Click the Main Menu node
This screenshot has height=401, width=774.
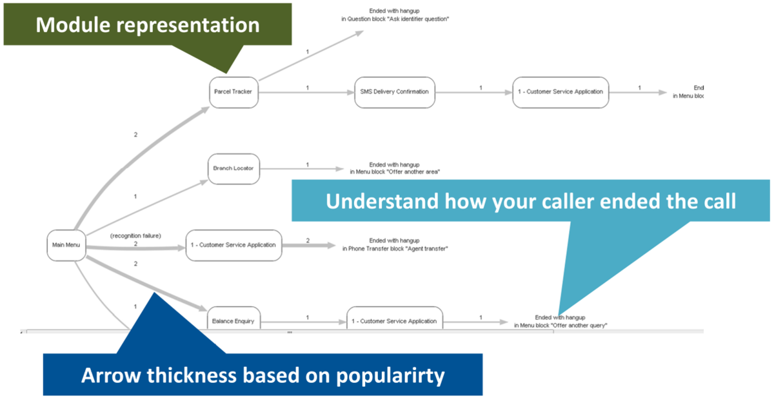coord(66,245)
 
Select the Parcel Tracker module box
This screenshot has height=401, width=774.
coord(233,92)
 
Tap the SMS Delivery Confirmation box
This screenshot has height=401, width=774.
coord(395,92)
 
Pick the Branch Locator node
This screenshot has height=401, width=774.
coord(233,169)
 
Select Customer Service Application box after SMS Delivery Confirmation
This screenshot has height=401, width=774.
coord(561,92)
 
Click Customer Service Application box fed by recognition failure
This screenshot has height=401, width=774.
coord(233,245)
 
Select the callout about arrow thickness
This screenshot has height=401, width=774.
coord(263,375)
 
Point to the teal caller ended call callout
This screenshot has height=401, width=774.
coord(530,201)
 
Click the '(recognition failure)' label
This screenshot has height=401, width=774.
coord(135,236)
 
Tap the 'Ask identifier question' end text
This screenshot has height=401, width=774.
coord(395,19)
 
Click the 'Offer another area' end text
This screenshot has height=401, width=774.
coord(395,172)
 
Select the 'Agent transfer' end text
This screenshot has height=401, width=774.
coord(395,248)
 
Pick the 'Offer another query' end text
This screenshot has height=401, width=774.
coord(561,325)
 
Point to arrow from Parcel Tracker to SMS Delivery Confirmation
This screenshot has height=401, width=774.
coord(306,92)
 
